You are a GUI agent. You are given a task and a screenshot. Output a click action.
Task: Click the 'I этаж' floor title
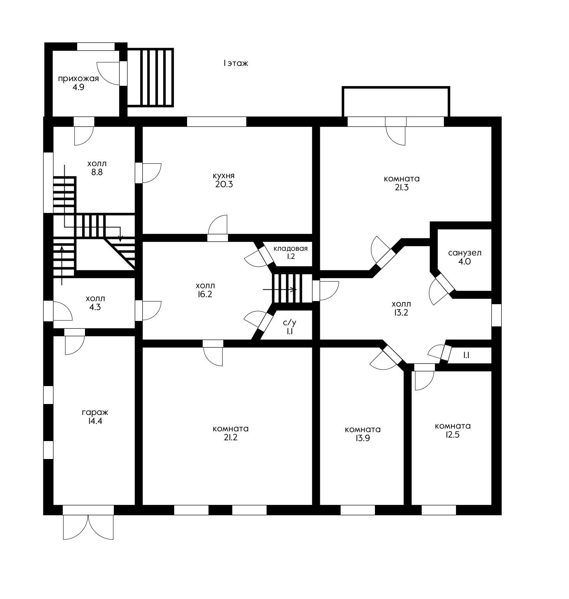(x=236, y=63)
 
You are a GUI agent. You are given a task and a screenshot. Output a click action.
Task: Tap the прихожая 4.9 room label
(x=78, y=83)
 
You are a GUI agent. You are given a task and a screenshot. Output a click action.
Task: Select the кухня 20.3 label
(x=224, y=180)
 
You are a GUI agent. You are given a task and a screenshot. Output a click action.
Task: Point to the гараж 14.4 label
(x=95, y=416)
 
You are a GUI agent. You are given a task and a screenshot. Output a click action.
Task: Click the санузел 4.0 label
(x=465, y=257)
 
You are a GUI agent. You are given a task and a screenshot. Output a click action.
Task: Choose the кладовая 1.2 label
(x=290, y=252)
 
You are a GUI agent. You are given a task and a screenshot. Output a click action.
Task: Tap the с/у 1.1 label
(x=290, y=327)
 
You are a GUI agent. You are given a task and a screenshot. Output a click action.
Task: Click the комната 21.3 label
(x=402, y=183)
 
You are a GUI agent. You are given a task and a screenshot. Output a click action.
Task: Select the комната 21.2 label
(x=230, y=433)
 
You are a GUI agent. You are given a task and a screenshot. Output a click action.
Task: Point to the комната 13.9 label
(x=363, y=434)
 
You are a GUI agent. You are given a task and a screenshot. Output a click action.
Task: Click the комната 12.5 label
(x=452, y=430)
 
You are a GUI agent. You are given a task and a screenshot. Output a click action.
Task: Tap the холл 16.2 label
(x=205, y=290)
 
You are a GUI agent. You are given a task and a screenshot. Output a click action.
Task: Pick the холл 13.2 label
(x=401, y=308)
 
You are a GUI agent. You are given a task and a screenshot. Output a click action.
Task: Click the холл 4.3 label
(x=95, y=303)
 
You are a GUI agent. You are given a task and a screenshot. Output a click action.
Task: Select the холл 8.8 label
(x=97, y=168)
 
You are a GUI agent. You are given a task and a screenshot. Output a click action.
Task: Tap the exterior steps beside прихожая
(x=150, y=77)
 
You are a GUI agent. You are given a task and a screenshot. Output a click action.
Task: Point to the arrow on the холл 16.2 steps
(x=280, y=289)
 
